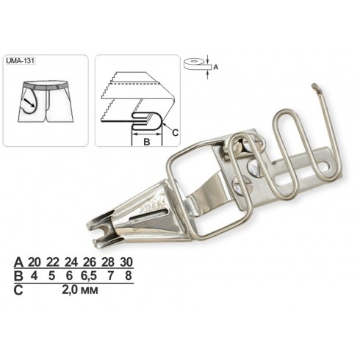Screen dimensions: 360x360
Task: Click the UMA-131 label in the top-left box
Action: point(21,61)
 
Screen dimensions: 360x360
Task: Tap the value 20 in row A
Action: point(35,262)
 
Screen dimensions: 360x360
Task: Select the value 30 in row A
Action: point(126,262)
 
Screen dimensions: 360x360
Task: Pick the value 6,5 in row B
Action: point(90,276)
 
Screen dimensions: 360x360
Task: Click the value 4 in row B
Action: point(34,276)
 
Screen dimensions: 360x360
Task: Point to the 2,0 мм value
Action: point(80,290)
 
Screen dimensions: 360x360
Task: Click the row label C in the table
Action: point(18,290)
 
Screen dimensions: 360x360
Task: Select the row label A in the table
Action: point(19,262)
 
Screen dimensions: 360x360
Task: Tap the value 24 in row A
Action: point(71,262)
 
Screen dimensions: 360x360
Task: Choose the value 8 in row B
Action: point(129,276)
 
